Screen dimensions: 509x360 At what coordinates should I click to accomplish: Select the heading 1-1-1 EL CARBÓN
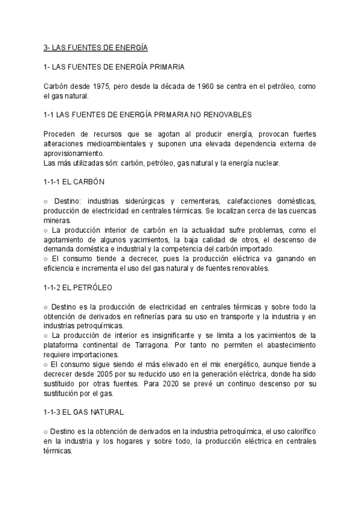click(77, 182)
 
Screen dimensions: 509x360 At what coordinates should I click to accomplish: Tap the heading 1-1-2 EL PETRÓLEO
click(78, 288)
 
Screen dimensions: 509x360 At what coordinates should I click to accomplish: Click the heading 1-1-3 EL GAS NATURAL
click(84, 412)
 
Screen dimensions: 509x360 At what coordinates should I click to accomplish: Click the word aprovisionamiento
click(73, 153)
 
